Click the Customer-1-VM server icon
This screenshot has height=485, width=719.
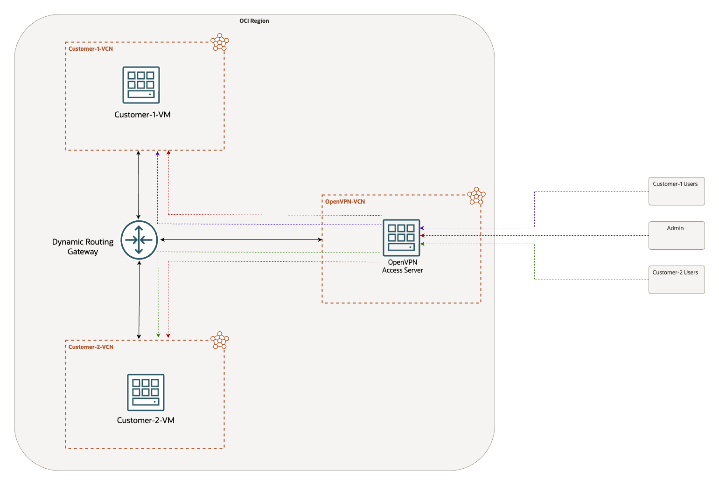141,85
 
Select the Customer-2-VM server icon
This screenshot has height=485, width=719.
146,392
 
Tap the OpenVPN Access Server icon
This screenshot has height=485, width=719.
401,238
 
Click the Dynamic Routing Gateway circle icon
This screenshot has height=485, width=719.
139,240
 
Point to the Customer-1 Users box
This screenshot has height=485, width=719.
676,191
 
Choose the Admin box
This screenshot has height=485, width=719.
676,235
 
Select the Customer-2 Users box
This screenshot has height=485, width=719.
676,280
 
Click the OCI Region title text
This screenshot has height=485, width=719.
254,21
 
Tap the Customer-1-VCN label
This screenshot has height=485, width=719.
91,49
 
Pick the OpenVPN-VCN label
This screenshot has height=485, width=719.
345,202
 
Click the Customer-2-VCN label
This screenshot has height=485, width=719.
91,347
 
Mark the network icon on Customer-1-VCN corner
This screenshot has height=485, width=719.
219,42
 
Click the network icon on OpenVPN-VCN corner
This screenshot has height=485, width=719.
476,196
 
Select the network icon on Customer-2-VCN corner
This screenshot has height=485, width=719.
219,341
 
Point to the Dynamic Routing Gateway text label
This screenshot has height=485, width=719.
83,247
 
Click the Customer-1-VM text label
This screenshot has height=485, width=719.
142,115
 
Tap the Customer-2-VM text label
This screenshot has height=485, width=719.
146,420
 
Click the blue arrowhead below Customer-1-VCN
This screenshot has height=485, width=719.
157,153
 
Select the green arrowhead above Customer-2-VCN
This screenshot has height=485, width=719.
158,335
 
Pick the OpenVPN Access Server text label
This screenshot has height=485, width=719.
402,266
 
